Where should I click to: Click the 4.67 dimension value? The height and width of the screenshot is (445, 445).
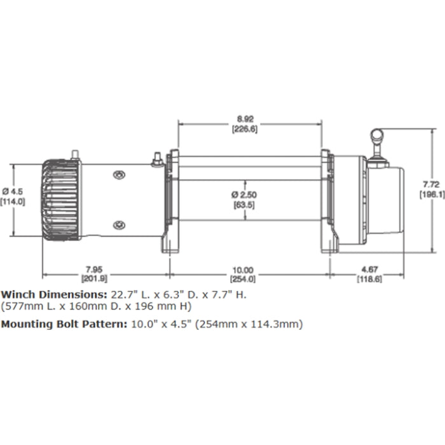pyautogui.click(x=366, y=270)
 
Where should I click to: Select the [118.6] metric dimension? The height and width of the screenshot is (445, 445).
pyautogui.click(x=366, y=278)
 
